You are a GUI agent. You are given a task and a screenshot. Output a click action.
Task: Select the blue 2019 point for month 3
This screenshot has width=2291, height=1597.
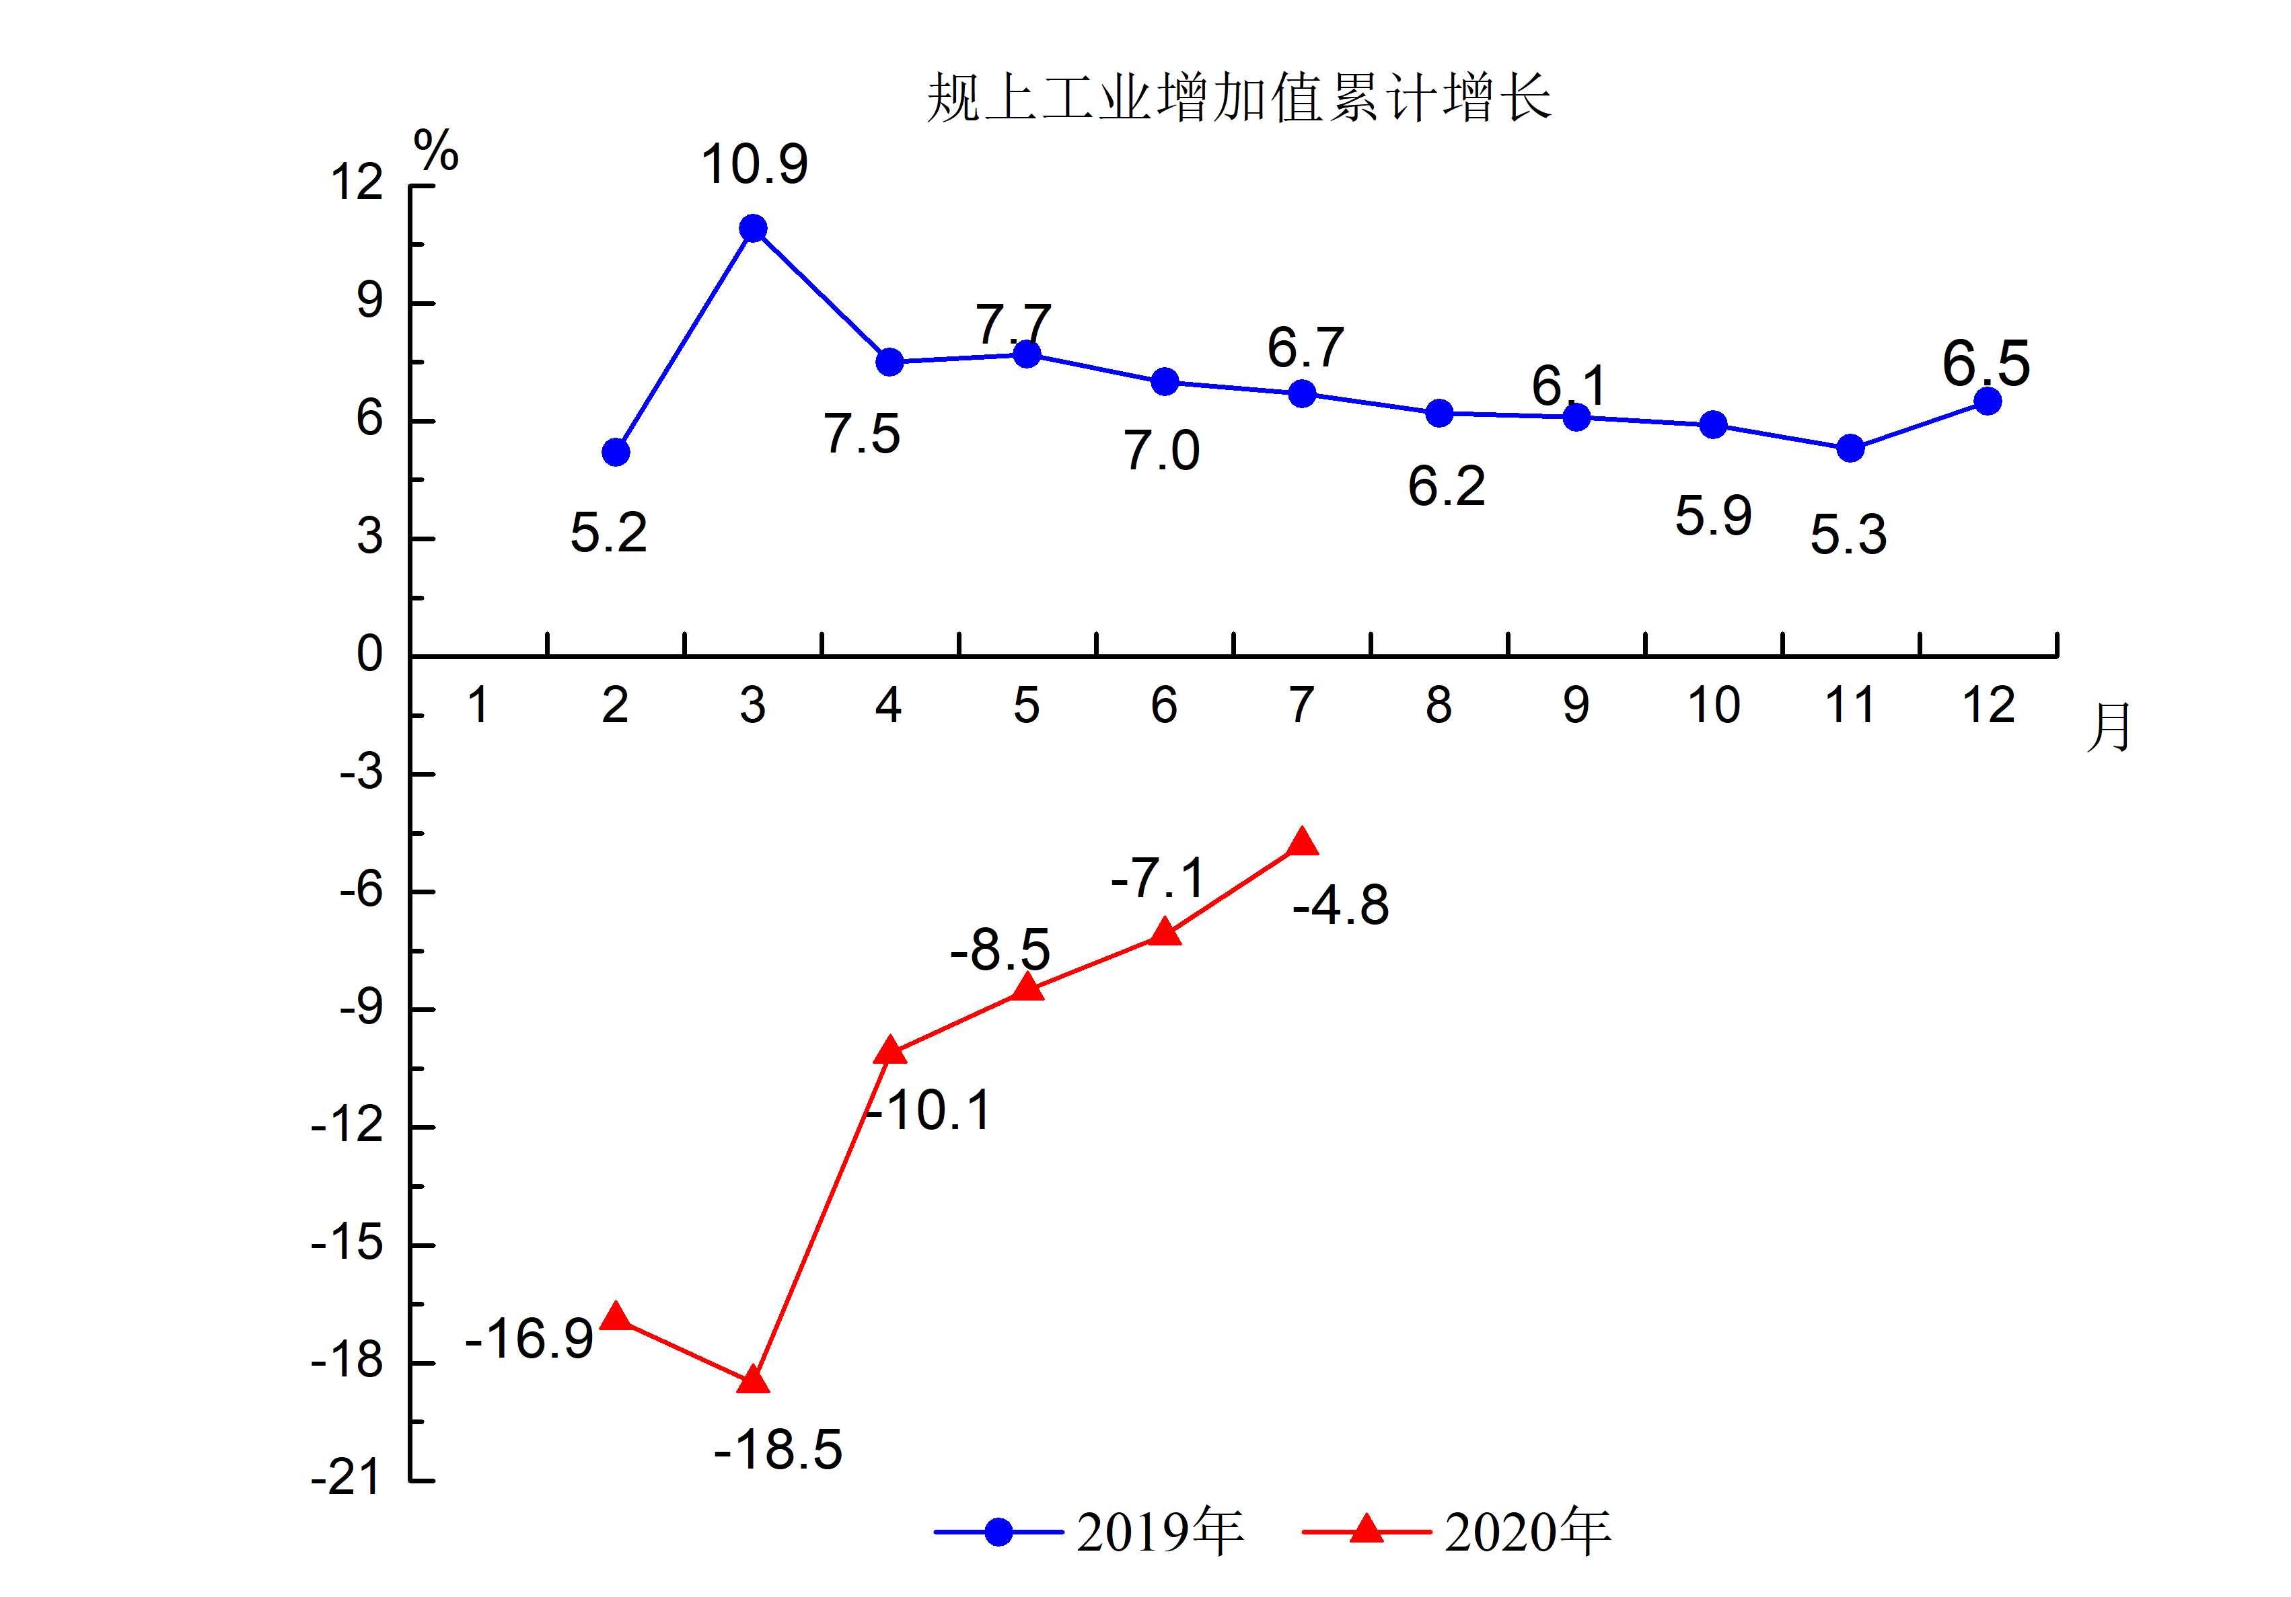tap(754, 229)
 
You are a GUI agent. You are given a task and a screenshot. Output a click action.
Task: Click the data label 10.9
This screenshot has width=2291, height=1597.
tap(754, 165)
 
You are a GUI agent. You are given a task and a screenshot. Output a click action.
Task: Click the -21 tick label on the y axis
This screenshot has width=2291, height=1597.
tap(347, 1477)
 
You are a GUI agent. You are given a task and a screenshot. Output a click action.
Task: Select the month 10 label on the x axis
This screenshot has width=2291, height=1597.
tap(1713, 706)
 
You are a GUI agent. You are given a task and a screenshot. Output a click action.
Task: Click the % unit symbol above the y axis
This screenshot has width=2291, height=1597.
tap(436, 151)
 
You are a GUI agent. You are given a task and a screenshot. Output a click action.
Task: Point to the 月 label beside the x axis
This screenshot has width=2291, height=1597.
tap(2109, 726)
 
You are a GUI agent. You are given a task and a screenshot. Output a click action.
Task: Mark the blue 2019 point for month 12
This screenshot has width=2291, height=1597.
tap(1987, 401)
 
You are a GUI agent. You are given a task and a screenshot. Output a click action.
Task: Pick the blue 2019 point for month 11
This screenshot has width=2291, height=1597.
tap(1850, 449)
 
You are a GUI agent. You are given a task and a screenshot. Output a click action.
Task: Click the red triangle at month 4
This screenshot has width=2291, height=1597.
tap(889, 1050)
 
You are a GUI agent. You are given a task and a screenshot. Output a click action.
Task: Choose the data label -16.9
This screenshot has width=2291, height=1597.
tap(530, 1339)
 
